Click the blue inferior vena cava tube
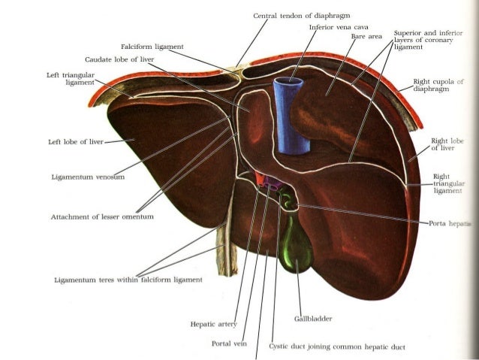[287, 113]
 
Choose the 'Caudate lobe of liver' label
[120, 59]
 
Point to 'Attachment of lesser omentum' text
[102, 216]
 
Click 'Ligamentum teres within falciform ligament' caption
[128, 280]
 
